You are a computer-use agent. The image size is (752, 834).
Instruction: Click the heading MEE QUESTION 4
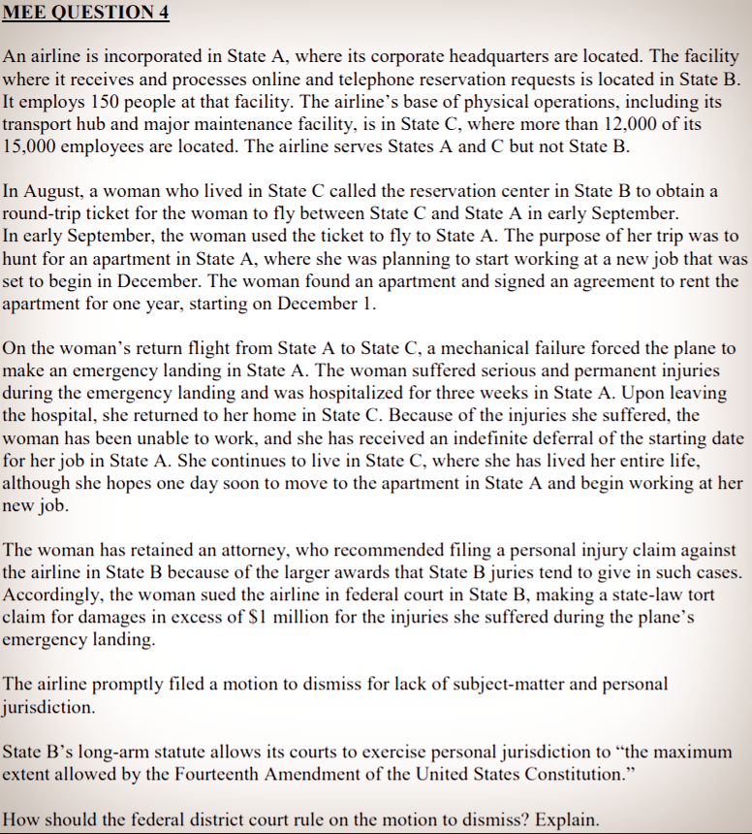[79, 13]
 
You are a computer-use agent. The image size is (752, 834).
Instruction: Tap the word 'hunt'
[22, 259]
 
